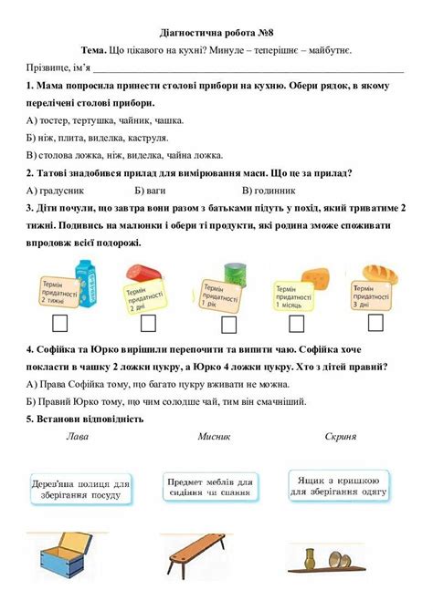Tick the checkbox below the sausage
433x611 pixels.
tap(147, 323)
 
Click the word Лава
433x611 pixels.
tap(78, 437)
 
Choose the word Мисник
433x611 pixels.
tap(214, 437)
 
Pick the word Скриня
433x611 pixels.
tap(340, 437)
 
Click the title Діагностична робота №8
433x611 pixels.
tap(216, 30)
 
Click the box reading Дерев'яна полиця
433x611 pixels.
tap(81, 489)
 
